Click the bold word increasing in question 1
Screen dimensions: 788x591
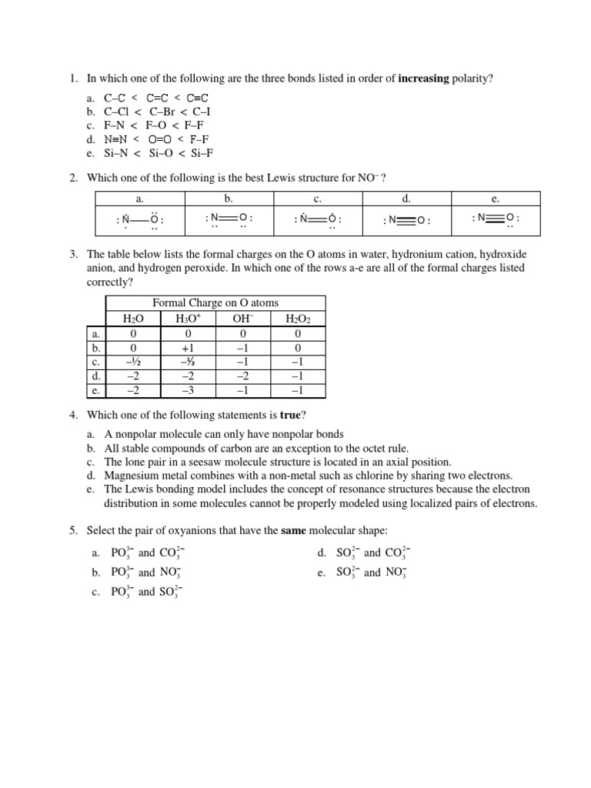tap(425, 78)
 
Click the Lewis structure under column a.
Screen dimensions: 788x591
tap(139, 221)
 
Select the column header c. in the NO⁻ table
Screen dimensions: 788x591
tap(317, 199)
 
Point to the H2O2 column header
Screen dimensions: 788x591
tap(298, 319)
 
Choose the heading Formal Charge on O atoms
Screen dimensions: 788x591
tap(215, 303)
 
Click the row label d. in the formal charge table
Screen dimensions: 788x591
tap(95, 376)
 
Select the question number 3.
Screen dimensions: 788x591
tap(73, 254)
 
